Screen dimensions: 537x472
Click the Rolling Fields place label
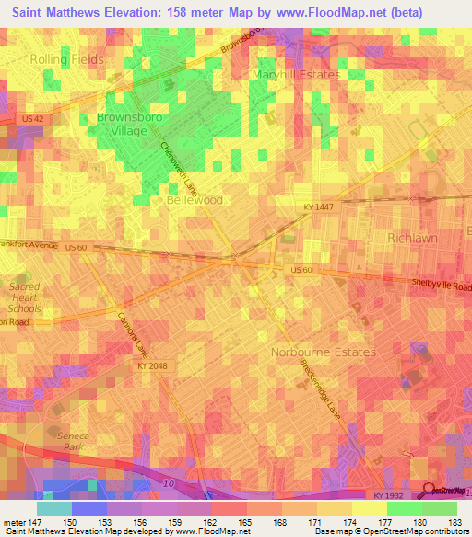click(66, 59)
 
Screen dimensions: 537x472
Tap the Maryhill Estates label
click(296, 74)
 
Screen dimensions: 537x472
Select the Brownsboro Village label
click(122, 125)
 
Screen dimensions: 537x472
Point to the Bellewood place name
click(195, 199)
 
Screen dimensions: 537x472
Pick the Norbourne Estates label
click(323, 352)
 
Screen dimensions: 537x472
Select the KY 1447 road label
click(318, 209)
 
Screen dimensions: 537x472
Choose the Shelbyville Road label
click(442, 286)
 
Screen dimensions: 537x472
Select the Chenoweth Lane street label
click(180, 166)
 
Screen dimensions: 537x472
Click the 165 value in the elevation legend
click(245, 522)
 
